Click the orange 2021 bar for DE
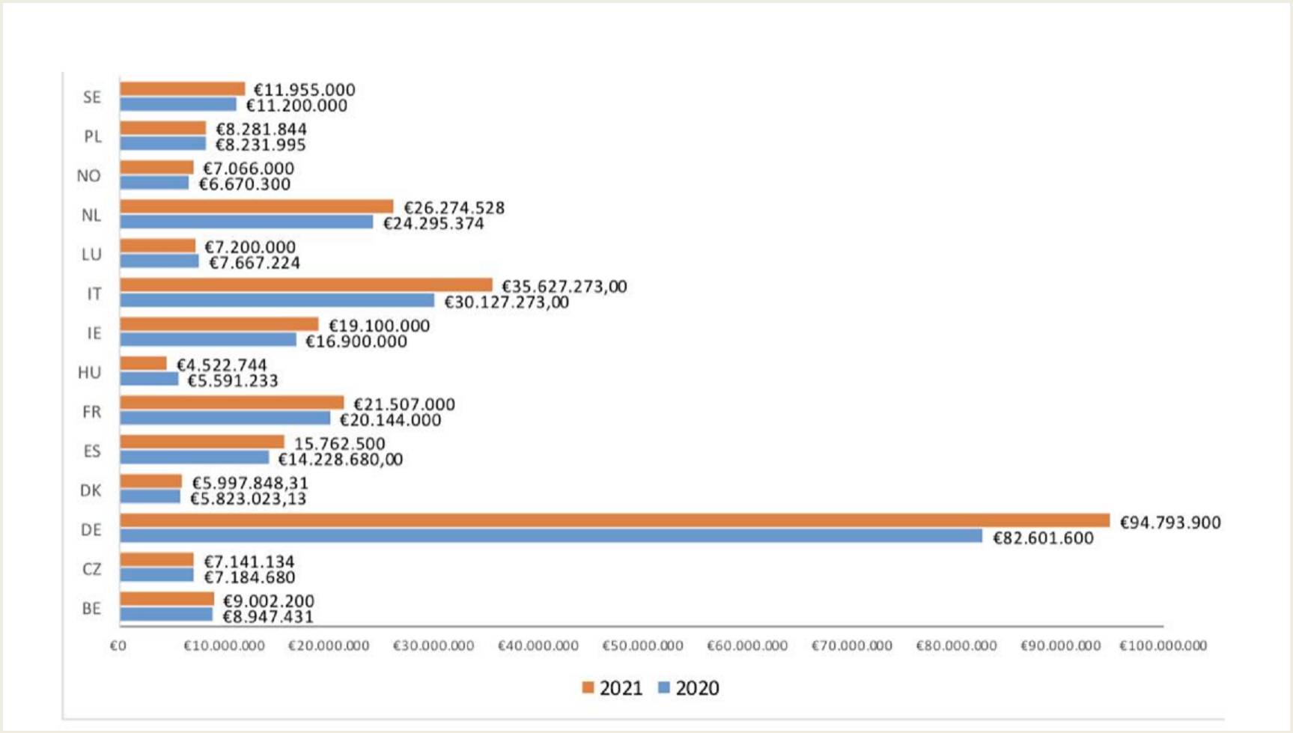pyautogui.click(x=614, y=520)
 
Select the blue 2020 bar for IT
pyautogui.click(x=277, y=301)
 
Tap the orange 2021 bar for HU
pyautogui.click(x=143, y=364)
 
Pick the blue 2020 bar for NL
pyautogui.click(x=246, y=222)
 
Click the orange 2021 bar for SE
pyautogui.click(x=182, y=89)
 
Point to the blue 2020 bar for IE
pyautogui.click(x=208, y=341)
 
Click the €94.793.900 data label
pyautogui.click(x=1169, y=523)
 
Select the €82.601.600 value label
pyautogui.click(x=1043, y=538)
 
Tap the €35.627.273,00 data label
pyautogui.click(x=564, y=287)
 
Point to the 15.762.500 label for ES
pyautogui.click(x=339, y=444)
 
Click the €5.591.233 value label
pyautogui.click(x=233, y=381)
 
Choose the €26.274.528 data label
pyautogui.click(x=454, y=208)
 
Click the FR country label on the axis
pyautogui.click(x=91, y=412)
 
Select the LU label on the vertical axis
pyautogui.click(x=91, y=255)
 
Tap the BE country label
pyautogui.click(x=91, y=609)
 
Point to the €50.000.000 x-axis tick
pyautogui.click(x=642, y=646)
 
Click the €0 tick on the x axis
pyautogui.click(x=118, y=646)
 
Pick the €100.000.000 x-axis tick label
pyautogui.click(x=1163, y=646)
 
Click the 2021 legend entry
pyautogui.click(x=612, y=688)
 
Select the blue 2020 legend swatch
pyautogui.click(x=663, y=687)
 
